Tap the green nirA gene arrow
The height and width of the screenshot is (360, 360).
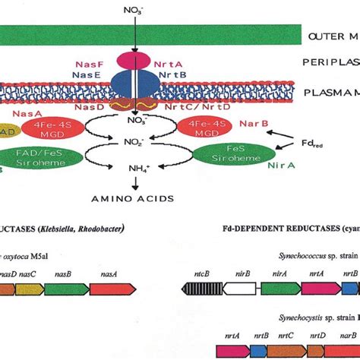pos(280,288)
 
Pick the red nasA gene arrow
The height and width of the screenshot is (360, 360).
pos(112,288)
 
